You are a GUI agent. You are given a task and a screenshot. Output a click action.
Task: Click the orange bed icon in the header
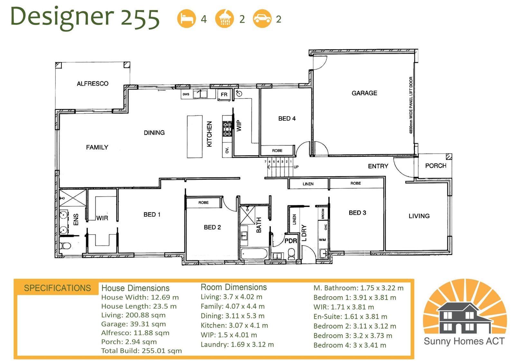pos(186,18)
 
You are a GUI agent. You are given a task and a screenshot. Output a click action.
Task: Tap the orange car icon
pos(262,18)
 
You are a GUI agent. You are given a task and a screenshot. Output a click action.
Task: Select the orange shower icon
pos(224,18)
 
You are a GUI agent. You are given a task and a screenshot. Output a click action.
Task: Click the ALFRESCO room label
pos(93,84)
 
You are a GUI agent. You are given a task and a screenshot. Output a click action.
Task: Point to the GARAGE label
pos(364,93)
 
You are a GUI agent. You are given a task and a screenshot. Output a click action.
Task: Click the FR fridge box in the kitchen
pos(224,95)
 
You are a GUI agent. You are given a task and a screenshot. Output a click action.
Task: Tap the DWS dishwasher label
pos(186,94)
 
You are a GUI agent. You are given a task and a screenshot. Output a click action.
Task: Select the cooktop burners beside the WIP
pos(227,129)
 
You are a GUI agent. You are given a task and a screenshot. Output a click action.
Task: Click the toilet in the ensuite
pos(65,246)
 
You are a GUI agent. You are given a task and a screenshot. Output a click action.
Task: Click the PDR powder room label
pos(291,241)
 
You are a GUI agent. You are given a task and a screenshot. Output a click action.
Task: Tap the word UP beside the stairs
pos(296,167)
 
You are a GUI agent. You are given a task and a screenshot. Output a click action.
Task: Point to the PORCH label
pos(436,166)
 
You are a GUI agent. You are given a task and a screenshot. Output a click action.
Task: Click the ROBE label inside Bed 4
pos(277,151)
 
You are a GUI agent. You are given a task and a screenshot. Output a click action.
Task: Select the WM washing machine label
pos(322,240)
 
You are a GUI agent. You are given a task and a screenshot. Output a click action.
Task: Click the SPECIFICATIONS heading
pos(58,288)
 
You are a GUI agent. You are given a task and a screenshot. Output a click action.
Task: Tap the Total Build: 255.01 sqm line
pos(141,351)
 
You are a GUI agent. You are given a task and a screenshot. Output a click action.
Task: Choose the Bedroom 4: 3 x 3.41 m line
pos(350,345)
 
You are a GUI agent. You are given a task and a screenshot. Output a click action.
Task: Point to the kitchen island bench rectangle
pos(195,136)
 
